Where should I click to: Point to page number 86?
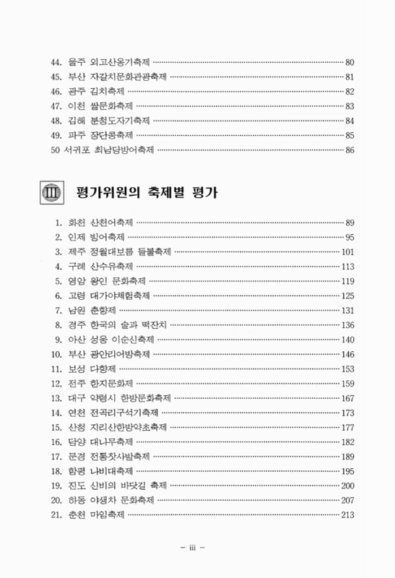pos(351,150)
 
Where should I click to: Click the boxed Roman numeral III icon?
pos(51,194)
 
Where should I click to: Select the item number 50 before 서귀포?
pos(49,150)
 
